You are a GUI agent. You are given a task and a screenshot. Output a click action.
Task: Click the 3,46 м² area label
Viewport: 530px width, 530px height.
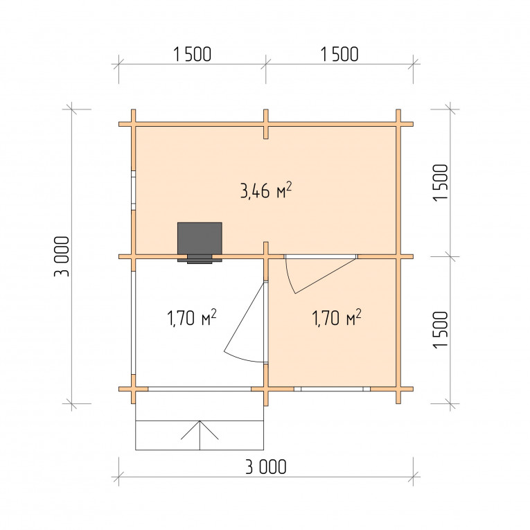pos(265,191)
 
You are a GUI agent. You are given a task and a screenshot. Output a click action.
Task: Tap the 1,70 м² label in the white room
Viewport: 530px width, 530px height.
pos(192,318)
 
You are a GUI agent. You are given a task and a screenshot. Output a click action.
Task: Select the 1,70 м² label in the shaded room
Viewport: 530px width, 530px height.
pos(336,318)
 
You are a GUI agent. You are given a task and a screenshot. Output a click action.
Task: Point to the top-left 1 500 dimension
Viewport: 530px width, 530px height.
pos(193,54)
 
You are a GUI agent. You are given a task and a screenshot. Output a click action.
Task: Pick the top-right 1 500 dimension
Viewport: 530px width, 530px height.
pos(339,54)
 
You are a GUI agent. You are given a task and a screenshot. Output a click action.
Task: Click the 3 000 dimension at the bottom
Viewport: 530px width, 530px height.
pos(265,467)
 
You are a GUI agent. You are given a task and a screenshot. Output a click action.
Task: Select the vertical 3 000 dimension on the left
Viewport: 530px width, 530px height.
pos(62,256)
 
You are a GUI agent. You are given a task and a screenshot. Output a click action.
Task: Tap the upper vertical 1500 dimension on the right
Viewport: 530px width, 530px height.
pos(440,183)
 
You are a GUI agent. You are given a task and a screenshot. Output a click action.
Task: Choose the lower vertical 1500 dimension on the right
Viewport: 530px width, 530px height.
pos(440,330)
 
